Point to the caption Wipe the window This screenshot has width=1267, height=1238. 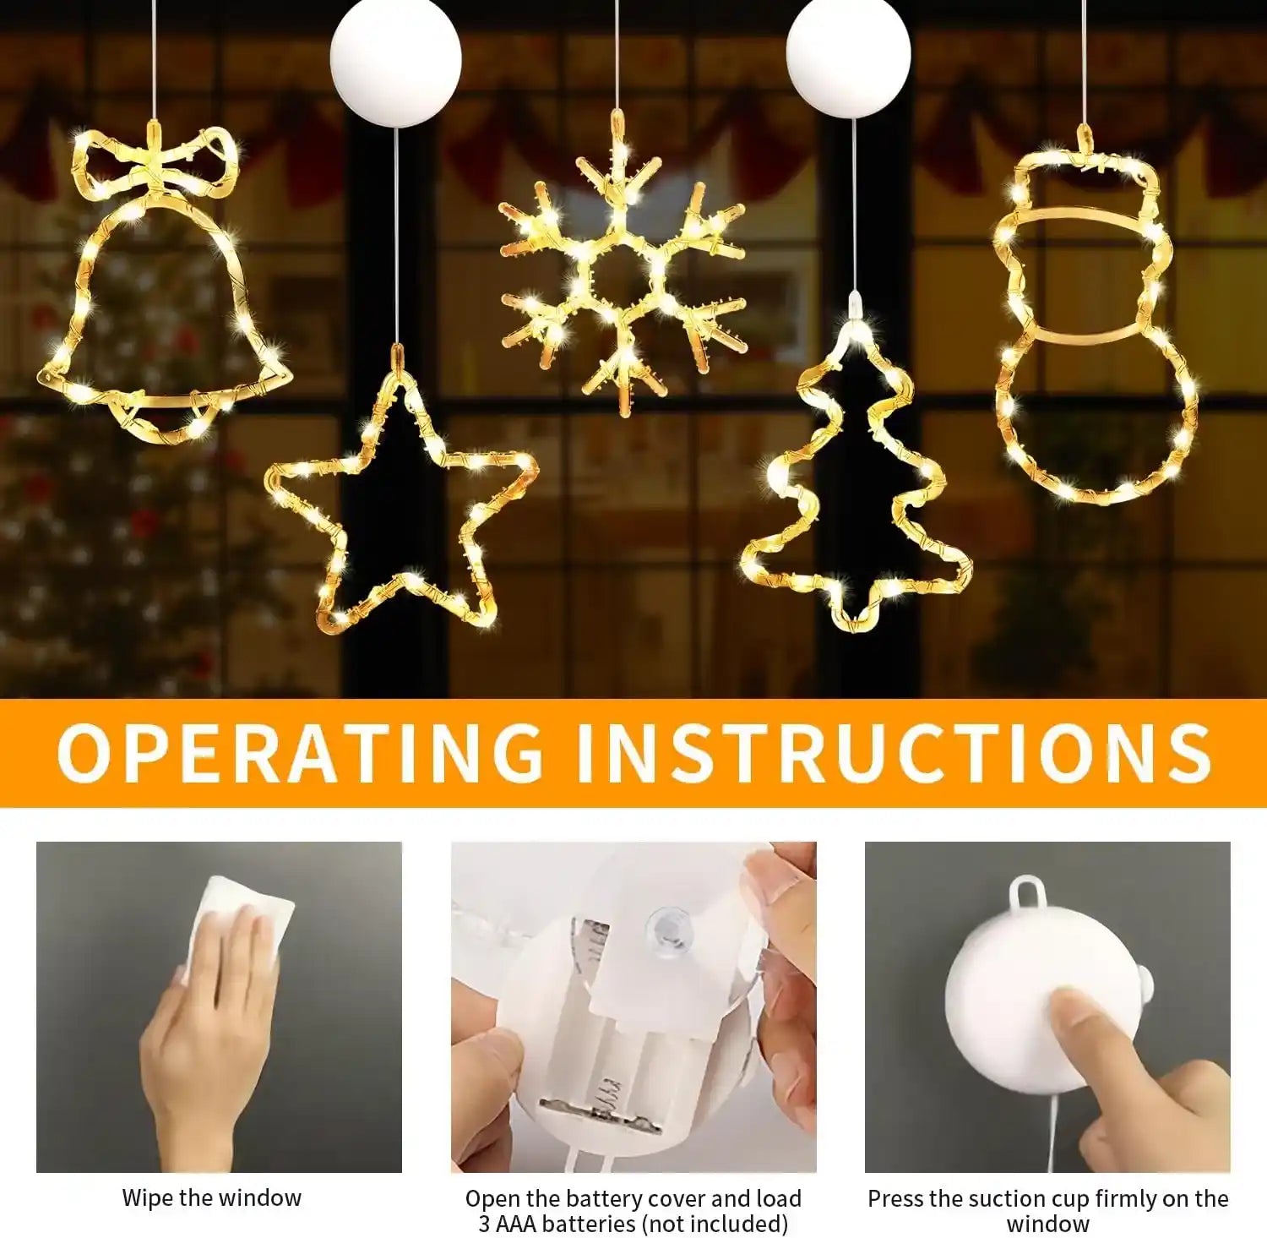211,1197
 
